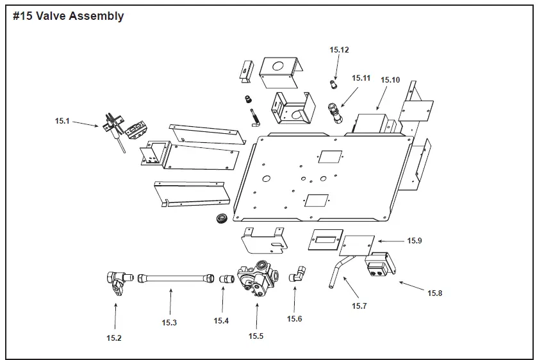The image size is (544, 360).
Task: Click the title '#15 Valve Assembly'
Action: click(69, 17)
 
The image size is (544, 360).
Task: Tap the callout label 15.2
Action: click(114, 338)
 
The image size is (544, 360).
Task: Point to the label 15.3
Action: click(169, 322)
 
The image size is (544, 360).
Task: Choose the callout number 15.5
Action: click(256, 336)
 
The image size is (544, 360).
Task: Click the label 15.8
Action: click(436, 293)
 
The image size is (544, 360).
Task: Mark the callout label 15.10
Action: click(390, 80)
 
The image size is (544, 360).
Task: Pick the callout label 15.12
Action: click(340, 49)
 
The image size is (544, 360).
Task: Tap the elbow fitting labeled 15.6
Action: click(298, 276)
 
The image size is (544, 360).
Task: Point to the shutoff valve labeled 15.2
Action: click(114, 282)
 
